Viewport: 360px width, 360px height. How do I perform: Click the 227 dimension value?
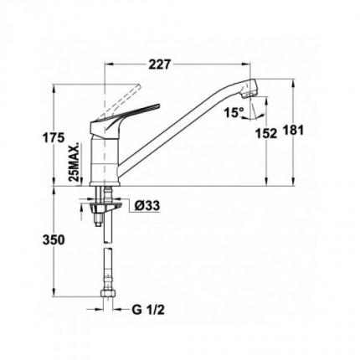point(159,64)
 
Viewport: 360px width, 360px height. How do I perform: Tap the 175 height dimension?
point(54,137)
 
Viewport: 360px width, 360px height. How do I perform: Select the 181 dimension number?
point(293,131)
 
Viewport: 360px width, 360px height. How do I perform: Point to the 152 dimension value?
point(266,134)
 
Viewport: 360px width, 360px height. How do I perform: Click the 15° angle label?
point(234,113)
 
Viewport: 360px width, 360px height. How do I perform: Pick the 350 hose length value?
point(54,239)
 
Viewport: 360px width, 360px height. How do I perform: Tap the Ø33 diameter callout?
point(147,206)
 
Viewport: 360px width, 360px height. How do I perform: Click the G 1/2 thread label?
point(148,310)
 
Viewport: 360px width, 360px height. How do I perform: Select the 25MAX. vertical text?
point(75,163)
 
